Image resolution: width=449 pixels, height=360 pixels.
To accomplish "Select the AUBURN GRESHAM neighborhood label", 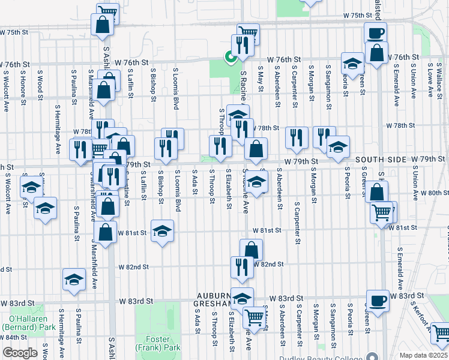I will click(215, 300).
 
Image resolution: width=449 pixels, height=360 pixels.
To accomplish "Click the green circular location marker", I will click(229, 58).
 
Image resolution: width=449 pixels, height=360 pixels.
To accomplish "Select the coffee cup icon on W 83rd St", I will click(378, 299).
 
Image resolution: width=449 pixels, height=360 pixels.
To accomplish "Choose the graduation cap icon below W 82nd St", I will click(74, 279).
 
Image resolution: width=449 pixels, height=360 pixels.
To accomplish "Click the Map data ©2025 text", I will click(423, 355).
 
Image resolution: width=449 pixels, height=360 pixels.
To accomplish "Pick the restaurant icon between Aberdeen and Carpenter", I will click(297, 137).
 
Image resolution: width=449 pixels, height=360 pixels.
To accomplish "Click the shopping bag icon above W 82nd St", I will click(252, 249).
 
